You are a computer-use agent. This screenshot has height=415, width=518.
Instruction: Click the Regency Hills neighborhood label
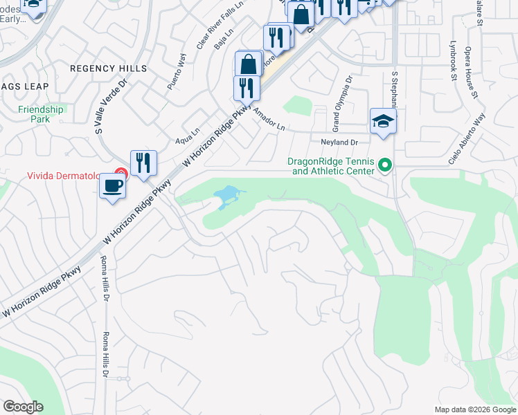[x=109, y=68]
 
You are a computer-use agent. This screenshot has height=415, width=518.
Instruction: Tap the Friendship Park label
[x=41, y=114]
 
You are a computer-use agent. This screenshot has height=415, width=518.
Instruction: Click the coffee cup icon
[x=112, y=185]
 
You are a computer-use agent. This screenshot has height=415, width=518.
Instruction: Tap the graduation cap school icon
[x=382, y=122]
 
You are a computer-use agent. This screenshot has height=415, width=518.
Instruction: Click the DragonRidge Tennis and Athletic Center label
[x=331, y=166]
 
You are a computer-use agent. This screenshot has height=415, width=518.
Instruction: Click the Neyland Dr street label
[x=339, y=142]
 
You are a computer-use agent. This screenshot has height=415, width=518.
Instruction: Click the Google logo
[x=22, y=407]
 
